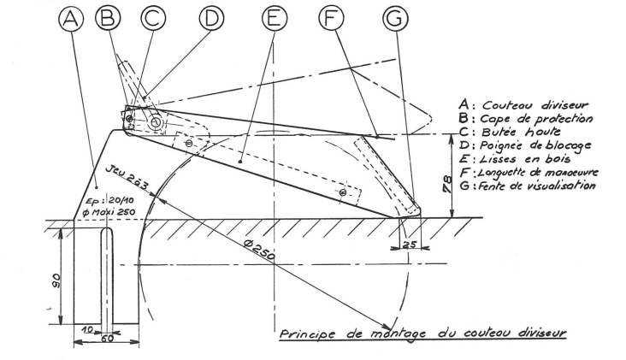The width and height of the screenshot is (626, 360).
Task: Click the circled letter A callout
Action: [x=71, y=19]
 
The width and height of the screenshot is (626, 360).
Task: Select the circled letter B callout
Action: [x=108, y=18]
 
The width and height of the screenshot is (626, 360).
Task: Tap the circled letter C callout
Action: [x=153, y=18]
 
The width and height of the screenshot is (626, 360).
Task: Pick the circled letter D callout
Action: [x=211, y=18]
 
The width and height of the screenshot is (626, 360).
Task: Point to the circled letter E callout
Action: [x=275, y=18]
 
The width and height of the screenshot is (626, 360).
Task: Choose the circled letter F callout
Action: [x=331, y=18]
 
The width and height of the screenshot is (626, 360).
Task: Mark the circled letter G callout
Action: [x=395, y=19]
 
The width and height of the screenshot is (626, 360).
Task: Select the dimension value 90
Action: [x=56, y=280]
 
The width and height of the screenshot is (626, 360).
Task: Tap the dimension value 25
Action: [x=410, y=245]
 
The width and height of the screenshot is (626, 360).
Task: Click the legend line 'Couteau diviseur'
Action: [x=535, y=105]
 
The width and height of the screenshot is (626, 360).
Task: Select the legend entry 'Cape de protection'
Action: [x=536, y=119]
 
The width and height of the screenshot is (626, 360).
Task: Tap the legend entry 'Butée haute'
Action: [x=521, y=132]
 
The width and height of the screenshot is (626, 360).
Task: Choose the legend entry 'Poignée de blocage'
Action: [x=535, y=145]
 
